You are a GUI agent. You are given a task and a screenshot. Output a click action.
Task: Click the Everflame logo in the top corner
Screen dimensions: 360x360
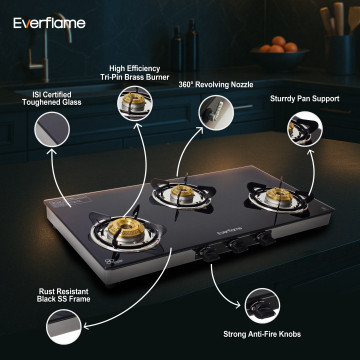tap(49, 23)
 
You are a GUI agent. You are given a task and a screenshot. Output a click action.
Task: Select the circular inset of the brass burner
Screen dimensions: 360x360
tap(135, 103)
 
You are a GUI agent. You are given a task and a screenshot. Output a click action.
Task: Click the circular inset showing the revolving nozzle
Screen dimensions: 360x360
tap(216, 113)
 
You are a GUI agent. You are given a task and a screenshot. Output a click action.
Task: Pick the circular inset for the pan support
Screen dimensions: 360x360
tap(305, 129)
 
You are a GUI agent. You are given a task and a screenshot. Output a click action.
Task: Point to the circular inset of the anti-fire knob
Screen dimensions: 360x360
tap(262, 306)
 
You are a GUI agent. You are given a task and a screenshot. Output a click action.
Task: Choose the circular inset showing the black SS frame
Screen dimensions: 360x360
tap(64, 327)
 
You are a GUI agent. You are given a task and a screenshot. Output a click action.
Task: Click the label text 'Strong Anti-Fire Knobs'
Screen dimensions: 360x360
tap(262, 334)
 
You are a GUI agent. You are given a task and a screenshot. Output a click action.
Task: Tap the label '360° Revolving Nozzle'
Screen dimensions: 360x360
tap(216, 85)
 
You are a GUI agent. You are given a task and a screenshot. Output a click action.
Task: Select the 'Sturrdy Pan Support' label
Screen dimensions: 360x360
tap(305, 99)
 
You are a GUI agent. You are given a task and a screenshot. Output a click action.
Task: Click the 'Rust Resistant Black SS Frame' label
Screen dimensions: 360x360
tap(64, 295)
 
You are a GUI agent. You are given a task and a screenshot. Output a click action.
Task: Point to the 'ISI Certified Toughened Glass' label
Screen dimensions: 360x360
tap(52, 98)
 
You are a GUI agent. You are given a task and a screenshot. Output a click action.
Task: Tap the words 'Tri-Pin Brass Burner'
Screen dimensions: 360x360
tap(135, 77)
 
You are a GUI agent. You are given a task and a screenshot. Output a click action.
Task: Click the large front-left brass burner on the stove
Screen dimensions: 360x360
tap(126, 230)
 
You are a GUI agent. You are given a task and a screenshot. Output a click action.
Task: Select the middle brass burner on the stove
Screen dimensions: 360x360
tap(182, 193)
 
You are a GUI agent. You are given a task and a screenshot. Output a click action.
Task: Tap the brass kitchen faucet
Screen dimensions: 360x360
tap(50, 47)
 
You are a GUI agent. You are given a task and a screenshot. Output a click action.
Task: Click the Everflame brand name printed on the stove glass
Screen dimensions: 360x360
tap(229, 231)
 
